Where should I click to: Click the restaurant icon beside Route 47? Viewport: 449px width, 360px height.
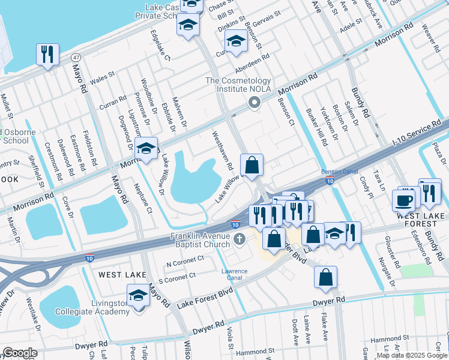pos(47,54)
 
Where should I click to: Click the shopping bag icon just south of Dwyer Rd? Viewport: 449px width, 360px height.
pos(325,277)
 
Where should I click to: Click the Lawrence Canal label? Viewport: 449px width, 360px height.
pos(234,274)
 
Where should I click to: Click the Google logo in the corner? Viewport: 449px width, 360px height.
pos(20,353)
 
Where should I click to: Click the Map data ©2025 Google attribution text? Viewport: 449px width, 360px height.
pos(412,355)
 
